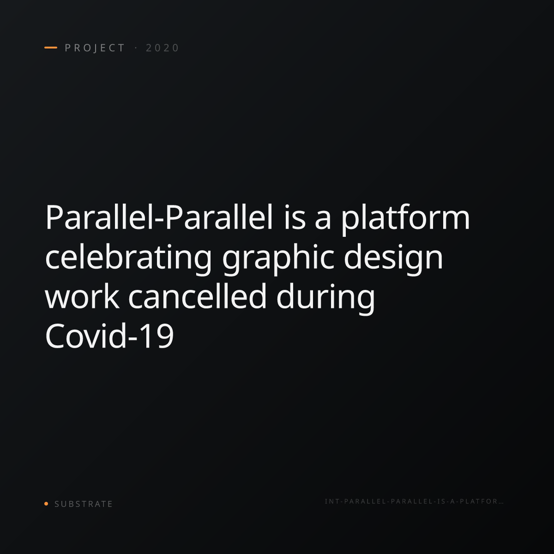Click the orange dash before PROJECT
(x=51, y=48)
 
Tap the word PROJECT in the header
(x=95, y=48)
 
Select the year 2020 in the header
(x=163, y=48)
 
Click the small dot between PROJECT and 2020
(x=136, y=48)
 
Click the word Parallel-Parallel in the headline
(x=159, y=217)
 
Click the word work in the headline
(x=82, y=296)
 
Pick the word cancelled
(x=197, y=296)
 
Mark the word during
(x=325, y=299)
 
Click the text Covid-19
(x=109, y=336)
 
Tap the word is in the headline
(x=295, y=218)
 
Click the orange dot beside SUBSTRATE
(x=46, y=503)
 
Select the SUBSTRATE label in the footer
(x=84, y=504)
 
